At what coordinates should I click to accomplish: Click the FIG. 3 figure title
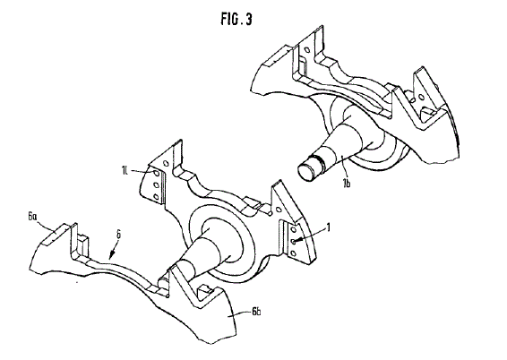click(x=236, y=19)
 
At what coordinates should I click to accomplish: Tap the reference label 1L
click(x=125, y=170)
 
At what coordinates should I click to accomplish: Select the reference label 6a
click(x=32, y=217)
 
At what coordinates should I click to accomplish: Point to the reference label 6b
click(x=256, y=312)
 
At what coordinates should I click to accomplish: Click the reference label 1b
click(x=347, y=184)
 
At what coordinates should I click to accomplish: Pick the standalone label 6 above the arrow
click(x=118, y=235)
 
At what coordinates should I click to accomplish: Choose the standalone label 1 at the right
click(x=329, y=227)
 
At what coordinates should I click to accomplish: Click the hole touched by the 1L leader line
click(x=157, y=174)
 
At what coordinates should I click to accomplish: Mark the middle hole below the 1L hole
click(x=156, y=185)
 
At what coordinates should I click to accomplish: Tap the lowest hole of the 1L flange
click(x=156, y=196)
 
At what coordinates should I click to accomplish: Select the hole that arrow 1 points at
click(x=293, y=241)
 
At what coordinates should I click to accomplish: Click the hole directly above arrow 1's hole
click(x=293, y=229)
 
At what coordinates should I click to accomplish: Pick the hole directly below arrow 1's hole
click(x=293, y=253)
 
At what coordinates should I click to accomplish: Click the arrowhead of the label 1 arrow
click(x=297, y=240)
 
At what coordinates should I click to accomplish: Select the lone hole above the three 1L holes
click(x=167, y=163)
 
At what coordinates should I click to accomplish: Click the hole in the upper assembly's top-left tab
click(x=307, y=50)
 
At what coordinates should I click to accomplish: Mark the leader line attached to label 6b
click(x=239, y=313)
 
